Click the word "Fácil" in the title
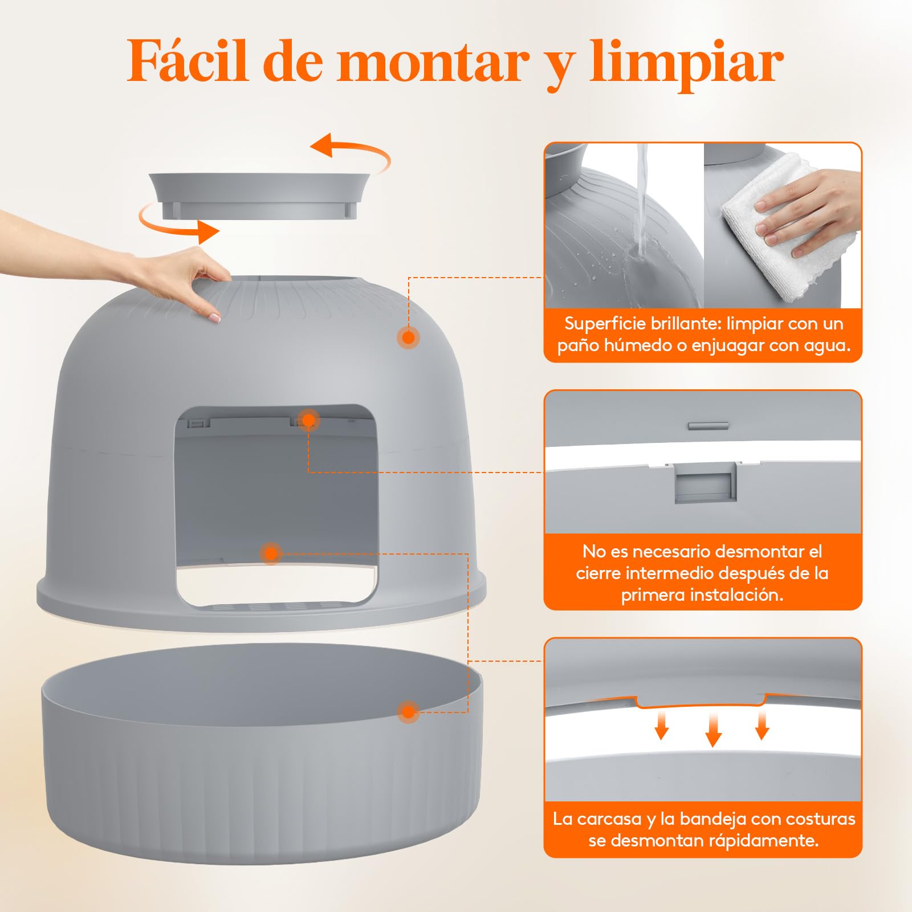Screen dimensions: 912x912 (x=189, y=61)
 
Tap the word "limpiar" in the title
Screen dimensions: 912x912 (x=687, y=64)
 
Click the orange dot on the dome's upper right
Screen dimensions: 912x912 (x=408, y=337)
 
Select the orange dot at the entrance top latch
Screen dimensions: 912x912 (x=308, y=420)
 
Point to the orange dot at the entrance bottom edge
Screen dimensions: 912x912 (x=271, y=553)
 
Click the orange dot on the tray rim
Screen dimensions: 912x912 (x=408, y=712)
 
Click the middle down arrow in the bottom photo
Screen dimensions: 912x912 (x=713, y=730)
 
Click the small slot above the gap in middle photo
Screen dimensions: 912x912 (x=709, y=425)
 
